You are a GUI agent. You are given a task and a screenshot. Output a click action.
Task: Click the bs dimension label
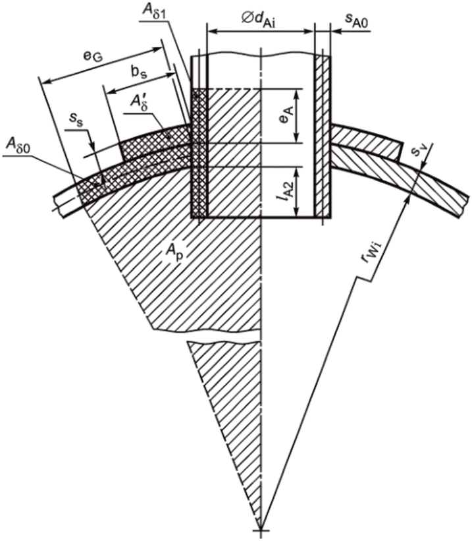[139, 73]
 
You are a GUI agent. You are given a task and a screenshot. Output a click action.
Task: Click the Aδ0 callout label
[18, 144]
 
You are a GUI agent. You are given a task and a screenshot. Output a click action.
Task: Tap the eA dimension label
[288, 115]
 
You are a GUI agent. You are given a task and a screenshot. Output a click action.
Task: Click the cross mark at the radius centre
[261, 530]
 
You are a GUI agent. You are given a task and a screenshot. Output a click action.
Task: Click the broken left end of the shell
[59, 206]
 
